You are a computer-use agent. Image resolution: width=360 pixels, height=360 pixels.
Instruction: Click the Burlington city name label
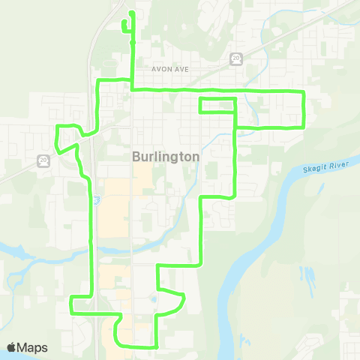click(165, 157)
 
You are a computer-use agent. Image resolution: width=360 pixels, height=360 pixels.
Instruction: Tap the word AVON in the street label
click(161, 69)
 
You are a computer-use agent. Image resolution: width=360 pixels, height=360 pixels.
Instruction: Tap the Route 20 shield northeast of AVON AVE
click(235, 58)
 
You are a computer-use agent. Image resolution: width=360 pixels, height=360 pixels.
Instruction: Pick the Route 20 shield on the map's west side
click(43, 160)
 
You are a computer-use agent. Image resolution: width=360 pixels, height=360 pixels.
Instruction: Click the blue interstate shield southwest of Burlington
click(97, 199)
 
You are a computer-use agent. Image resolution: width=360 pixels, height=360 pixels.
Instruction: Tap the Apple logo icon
click(12, 347)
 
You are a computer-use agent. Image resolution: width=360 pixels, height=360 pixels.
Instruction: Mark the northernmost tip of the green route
click(132, 13)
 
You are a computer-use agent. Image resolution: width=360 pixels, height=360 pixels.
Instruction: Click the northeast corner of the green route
click(303, 91)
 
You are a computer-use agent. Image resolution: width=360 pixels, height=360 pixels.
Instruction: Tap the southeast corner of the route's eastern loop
click(303, 127)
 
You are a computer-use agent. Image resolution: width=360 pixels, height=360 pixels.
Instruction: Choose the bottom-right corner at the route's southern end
click(155, 347)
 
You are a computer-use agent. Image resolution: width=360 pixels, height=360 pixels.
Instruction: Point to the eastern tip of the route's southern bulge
click(183, 297)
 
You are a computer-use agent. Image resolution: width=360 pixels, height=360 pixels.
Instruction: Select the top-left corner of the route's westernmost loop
click(58, 126)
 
